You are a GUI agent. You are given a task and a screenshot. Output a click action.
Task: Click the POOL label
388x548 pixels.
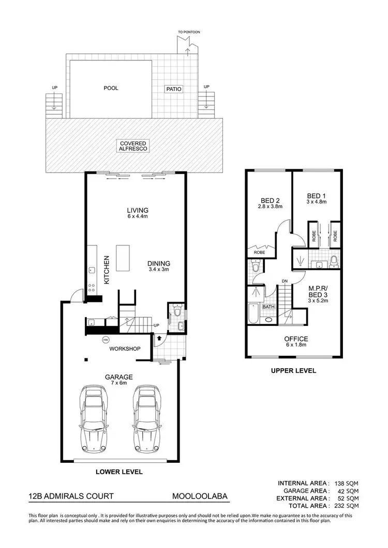(x=111, y=88)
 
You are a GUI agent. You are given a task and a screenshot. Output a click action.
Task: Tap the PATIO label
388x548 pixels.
(x=173, y=89)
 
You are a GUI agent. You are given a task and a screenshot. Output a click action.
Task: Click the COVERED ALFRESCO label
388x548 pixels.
(x=134, y=146)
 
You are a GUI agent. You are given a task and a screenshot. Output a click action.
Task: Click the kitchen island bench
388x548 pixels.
(x=123, y=258)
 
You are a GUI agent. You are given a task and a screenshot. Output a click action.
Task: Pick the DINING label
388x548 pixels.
(x=159, y=262)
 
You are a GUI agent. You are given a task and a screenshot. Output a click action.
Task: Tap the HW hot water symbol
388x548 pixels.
(x=106, y=340)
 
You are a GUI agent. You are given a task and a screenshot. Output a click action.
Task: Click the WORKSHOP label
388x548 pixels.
(x=125, y=349)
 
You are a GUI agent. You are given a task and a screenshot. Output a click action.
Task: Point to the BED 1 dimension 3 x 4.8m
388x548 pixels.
(x=317, y=202)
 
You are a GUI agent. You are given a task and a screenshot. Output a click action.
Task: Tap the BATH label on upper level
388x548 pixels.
(x=268, y=307)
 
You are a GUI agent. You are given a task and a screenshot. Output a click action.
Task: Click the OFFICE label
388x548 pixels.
(x=296, y=339)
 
